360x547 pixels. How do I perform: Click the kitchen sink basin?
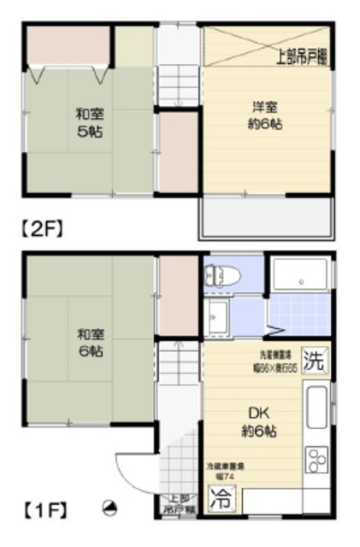tap(316, 408)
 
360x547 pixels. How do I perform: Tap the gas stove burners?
tap(316, 459)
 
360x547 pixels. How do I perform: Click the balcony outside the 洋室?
tap(266, 219)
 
